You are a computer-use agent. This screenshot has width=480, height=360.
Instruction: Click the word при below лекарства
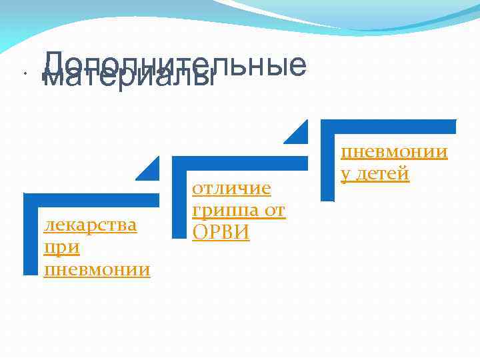[x=61, y=247]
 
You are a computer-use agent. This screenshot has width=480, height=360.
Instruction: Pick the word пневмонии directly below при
[x=97, y=269]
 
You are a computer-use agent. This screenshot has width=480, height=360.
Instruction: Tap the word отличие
[x=231, y=188]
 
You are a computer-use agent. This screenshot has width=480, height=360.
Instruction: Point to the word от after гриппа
[x=274, y=211]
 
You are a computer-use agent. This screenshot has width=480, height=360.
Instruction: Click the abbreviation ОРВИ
[x=221, y=233]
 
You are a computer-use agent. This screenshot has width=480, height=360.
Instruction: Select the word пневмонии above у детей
[x=394, y=151]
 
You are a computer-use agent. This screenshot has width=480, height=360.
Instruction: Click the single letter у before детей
[x=345, y=175]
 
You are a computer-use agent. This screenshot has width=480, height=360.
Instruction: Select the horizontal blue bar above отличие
[x=240, y=162]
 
